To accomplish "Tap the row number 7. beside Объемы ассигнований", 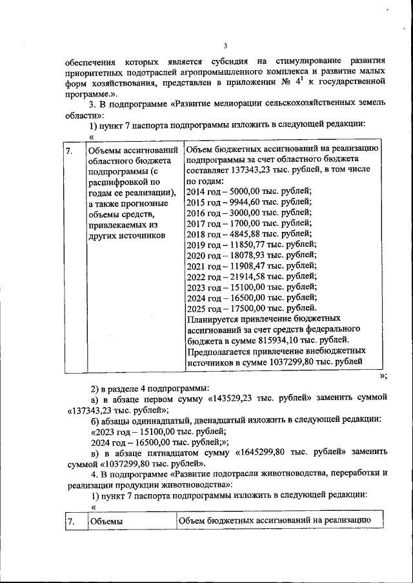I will coord(70,151).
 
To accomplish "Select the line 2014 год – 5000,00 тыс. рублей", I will coord(248,190).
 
